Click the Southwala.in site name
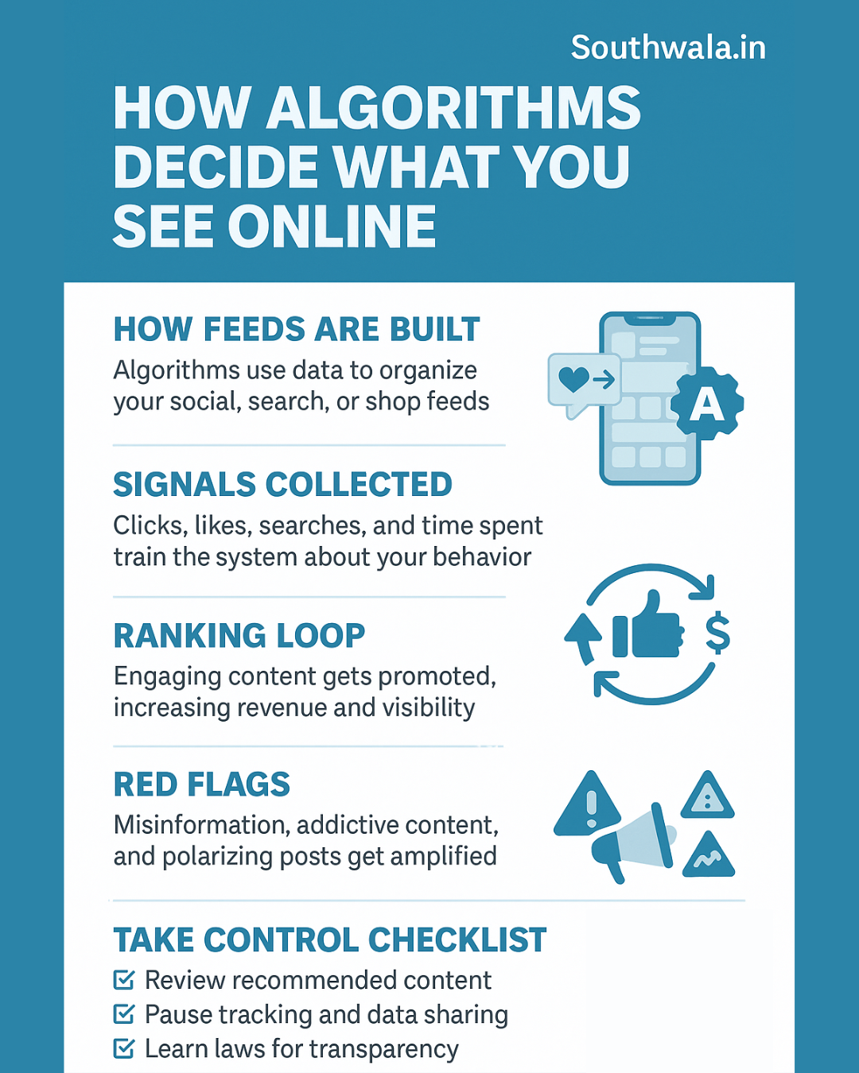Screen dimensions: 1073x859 (x=668, y=48)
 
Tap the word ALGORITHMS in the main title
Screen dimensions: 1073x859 (x=453, y=109)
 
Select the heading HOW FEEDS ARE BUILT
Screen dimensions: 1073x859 (x=297, y=329)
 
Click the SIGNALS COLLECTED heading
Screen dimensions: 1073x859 (x=282, y=484)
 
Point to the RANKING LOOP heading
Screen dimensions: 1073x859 (x=239, y=635)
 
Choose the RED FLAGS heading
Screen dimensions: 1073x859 (x=201, y=784)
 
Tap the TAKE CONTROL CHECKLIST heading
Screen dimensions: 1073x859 (x=329, y=939)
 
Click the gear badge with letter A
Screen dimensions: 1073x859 (x=706, y=404)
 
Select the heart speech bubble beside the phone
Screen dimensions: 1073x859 (x=583, y=382)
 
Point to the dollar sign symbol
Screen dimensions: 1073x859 (x=717, y=633)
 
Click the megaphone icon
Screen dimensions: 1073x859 (x=632, y=843)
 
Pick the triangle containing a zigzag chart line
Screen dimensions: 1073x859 (x=708, y=857)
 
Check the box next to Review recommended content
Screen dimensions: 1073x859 (x=124, y=980)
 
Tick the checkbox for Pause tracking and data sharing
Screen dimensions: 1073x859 (x=124, y=1014)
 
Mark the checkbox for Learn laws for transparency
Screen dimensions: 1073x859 (x=124, y=1048)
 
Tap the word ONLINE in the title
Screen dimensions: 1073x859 (x=332, y=227)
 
